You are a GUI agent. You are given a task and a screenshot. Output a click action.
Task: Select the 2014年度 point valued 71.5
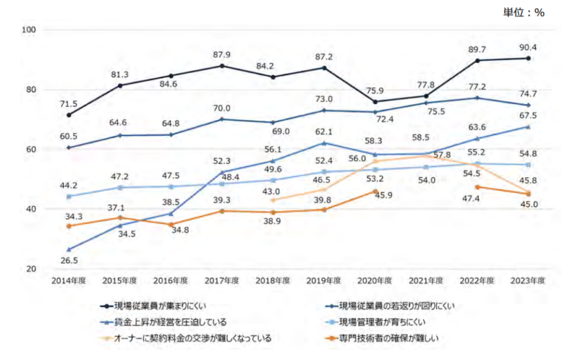(68, 115)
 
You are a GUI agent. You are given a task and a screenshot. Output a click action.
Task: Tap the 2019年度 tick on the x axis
(323, 281)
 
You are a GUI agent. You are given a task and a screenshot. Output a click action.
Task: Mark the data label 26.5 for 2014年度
(68, 261)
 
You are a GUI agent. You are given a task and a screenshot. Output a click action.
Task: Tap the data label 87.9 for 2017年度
(222, 54)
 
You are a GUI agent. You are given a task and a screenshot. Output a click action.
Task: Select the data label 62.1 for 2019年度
(323, 131)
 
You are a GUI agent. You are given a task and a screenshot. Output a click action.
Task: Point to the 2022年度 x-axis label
(476, 281)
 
